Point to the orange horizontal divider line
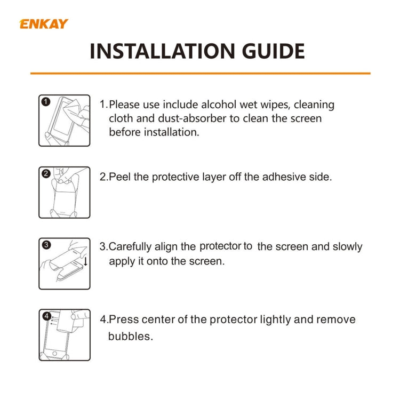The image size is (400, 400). pos(200,73)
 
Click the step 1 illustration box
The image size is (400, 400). pos(64,120)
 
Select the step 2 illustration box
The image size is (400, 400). pos(64,192)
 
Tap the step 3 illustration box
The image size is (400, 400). pos(64,264)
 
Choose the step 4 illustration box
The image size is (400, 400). pos(64,335)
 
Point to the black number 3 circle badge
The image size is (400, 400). pos(46,245)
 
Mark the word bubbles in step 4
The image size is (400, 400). pos(130,337)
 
